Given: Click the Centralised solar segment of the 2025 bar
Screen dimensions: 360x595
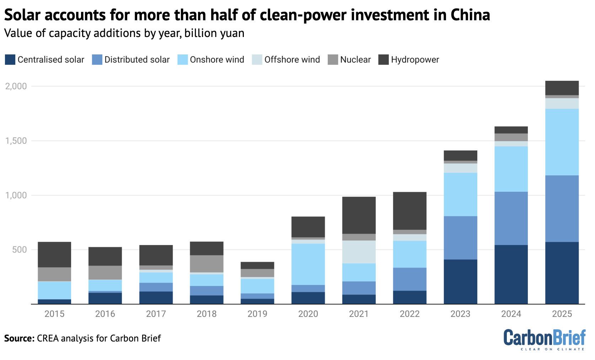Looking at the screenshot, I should (562, 273).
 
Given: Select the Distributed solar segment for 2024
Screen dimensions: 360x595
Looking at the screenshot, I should (511, 218).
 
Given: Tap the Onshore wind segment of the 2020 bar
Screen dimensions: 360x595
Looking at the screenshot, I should (308, 264).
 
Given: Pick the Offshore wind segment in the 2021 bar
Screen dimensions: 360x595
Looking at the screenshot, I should (359, 252).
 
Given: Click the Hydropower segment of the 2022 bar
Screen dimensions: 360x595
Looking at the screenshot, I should (409, 211).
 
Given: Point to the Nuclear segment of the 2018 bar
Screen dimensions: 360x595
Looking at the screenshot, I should (207, 264).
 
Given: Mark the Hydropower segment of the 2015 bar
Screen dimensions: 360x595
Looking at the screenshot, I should (54, 254).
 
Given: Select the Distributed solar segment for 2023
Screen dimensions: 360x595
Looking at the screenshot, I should (460, 238).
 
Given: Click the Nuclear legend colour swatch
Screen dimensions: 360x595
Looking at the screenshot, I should (333, 59).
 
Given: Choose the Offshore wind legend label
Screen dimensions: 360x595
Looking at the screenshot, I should (292, 59).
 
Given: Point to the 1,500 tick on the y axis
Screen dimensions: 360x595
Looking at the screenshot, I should (16, 141).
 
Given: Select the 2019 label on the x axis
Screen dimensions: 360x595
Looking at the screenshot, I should (257, 314).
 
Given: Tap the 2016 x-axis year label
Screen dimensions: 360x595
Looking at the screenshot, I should (105, 314).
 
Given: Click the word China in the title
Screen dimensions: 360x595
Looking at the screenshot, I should (470, 15).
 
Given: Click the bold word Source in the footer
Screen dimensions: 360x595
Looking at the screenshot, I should (19, 338).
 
